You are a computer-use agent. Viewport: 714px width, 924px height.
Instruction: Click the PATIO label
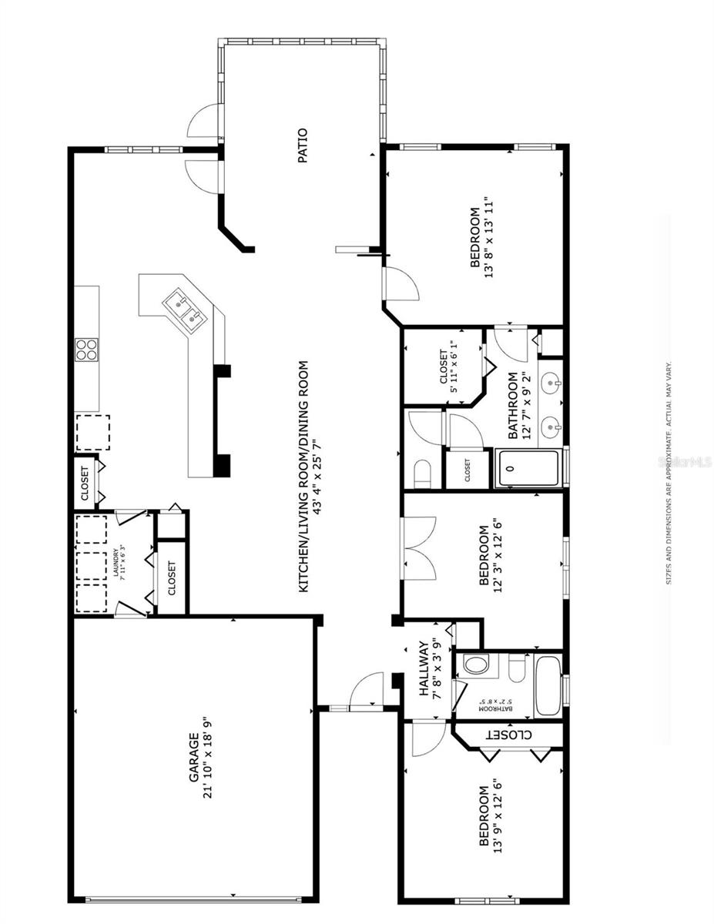303,146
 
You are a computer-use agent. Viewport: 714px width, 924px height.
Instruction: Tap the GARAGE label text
195,758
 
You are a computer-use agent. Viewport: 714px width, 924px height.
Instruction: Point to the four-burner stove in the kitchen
86,350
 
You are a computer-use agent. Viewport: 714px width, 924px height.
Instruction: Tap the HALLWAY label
423,668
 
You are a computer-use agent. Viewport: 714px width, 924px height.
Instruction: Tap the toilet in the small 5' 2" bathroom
476,664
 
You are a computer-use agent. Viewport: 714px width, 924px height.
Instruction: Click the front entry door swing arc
366,689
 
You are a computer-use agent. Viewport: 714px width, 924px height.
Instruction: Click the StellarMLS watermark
689,462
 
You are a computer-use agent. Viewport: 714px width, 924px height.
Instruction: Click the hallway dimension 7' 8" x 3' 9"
436,668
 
